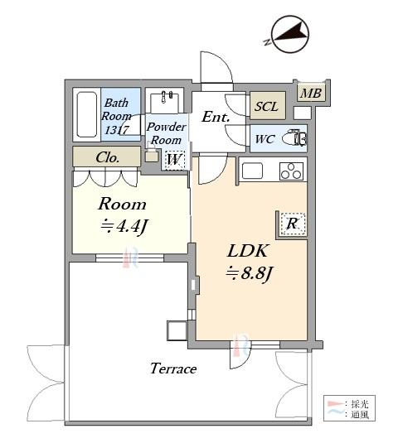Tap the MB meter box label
click(x=312, y=93)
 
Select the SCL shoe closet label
click(x=266, y=107)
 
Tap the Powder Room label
click(x=166, y=134)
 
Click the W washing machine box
click(x=174, y=159)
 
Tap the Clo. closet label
click(x=107, y=156)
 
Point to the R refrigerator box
click(x=292, y=222)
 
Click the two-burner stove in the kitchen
click(x=291, y=171)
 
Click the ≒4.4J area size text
click(x=123, y=226)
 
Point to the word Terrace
click(x=172, y=368)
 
